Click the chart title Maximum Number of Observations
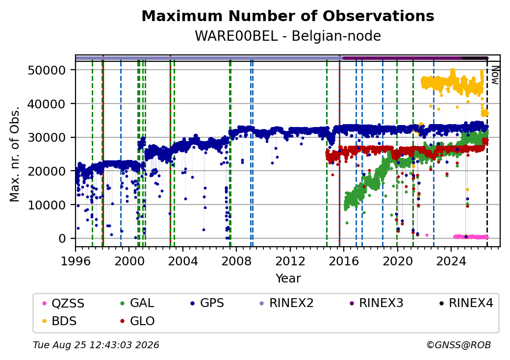pyautogui.click(x=288, y=16)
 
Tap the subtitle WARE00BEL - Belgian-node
pyautogui.click(x=288, y=36)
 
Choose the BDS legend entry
pyautogui.click(x=60, y=321)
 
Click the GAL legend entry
pyautogui.click(x=137, y=303)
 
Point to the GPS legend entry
pyautogui.click(x=207, y=303)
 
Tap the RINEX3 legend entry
pyautogui.click(x=376, y=303)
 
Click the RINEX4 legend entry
pyautogui.click(x=466, y=303)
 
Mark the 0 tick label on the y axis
pyautogui.click(x=62, y=239)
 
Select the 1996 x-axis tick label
pyautogui.click(x=76, y=261)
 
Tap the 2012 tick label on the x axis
pyautogui.click(x=290, y=261)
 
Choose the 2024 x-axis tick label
pyautogui.click(x=451, y=261)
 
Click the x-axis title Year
pyautogui.click(x=288, y=279)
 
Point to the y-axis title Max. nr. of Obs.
pyautogui.click(x=15, y=154)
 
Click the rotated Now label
pyautogui.click(x=495, y=75)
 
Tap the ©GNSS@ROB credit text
pyautogui.click(x=459, y=345)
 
